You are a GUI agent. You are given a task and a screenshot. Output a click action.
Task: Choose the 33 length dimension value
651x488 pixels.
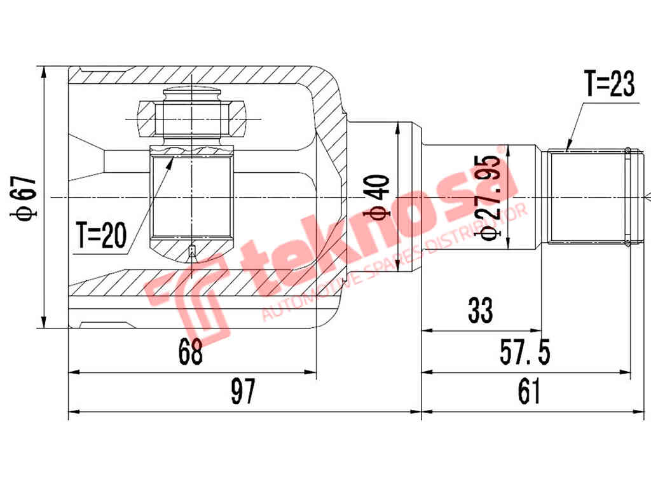pos(480,311)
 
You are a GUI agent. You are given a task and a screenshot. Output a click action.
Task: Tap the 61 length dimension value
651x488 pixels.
pos(528,392)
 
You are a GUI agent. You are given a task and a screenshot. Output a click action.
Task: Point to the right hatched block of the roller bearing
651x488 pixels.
pos(236,119)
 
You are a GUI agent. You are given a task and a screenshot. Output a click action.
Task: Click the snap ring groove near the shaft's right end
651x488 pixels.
pos(627,197)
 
